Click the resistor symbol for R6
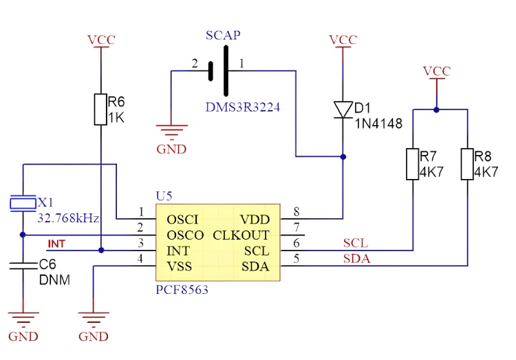tap(101, 109)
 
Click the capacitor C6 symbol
tap(23, 266)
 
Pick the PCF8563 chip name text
tap(182, 290)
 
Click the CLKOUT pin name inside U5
tap(241, 235)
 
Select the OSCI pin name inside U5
tap(182, 220)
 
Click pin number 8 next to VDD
tap(297, 211)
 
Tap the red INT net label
tap(56, 244)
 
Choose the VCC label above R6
tap(101, 39)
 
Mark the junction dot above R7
tap(436, 108)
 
